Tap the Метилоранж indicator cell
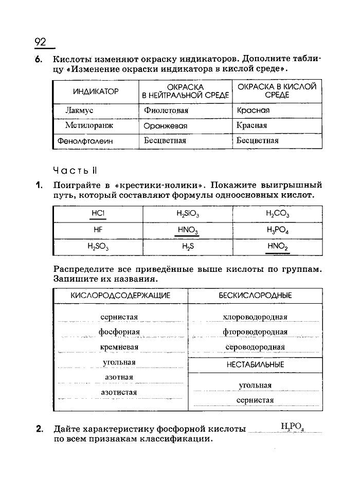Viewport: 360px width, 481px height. point(89,125)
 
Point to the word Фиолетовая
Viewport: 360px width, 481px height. point(166,110)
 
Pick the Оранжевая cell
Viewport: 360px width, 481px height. point(166,125)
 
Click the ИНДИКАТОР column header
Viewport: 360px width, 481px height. point(96,91)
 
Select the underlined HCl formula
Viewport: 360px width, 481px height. point(98,213)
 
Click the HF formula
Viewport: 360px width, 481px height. point(98,230)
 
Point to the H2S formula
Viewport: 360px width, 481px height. point(188,246)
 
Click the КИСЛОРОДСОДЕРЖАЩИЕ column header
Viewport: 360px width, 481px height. point(120,295)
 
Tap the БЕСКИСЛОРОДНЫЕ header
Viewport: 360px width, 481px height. point(255,295)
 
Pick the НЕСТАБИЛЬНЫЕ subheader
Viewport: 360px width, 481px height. point(255,364)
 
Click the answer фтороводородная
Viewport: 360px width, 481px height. point(255,332)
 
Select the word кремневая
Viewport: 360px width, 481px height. point(119,347)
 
